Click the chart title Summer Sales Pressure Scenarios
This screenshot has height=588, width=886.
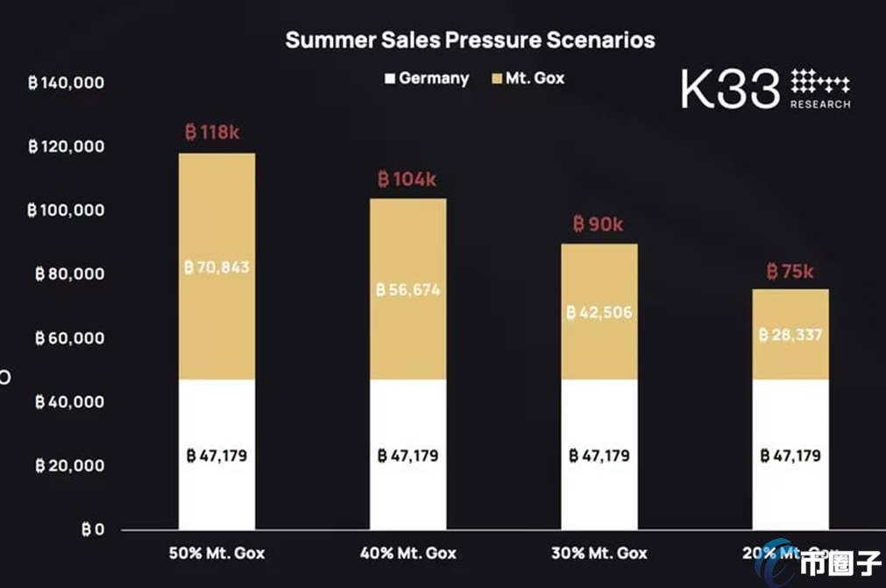[x=470, y=40]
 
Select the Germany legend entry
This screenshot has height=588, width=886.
[x=427, y=78]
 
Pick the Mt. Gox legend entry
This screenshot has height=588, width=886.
[x=528, y=78]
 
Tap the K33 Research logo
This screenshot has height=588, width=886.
[x=765, y=89]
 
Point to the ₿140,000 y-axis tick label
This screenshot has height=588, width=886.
[x=67, y=83]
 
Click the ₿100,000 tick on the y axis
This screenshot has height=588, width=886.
[x=67, y=210]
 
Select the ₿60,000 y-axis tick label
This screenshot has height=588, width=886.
[x=70, y=337]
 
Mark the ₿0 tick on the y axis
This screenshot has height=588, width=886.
[x=92, y=529]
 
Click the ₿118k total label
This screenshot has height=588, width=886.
[x=212, y=132]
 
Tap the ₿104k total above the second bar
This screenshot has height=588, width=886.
[x=407, y=180]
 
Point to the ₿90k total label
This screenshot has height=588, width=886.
[x=599, y=224]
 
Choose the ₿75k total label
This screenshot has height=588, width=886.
[x=790, y=272]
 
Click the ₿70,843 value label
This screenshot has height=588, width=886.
[x=217, y=267]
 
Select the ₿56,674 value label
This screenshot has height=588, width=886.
[x=408, y=290]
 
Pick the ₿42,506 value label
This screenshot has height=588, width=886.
[x=599, y=313]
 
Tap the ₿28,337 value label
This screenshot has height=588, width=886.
[x=790, y=335]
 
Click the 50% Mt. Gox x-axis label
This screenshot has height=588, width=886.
[x=216, y=553]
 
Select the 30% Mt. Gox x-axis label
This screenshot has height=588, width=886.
[x=599, y=553]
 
